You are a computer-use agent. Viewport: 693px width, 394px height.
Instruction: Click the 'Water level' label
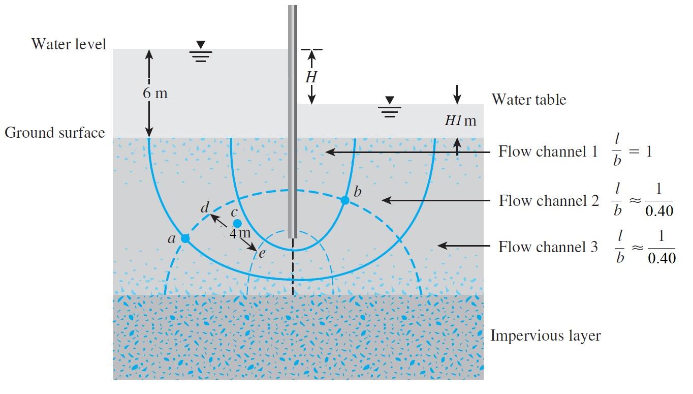[69, 44]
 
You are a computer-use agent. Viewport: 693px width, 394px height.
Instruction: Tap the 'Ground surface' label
[55, 133]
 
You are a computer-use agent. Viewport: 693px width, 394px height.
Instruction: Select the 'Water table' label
[528, 99]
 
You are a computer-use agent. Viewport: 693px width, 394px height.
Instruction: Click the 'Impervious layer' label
[545, 336]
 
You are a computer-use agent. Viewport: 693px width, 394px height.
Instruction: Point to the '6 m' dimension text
[155, 94]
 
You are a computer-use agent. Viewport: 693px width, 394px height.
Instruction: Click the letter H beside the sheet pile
[311, 77]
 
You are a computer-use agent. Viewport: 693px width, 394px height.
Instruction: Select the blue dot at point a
[185, 238]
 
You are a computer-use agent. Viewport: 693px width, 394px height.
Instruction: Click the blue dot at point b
[345, 200]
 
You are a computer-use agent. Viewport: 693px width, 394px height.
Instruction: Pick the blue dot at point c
[237, 224]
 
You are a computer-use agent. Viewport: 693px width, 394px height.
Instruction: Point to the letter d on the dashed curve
[205, 207]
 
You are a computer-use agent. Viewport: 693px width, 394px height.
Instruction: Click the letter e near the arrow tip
[262, 253]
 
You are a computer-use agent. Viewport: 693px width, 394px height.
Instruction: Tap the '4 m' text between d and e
[239, 233]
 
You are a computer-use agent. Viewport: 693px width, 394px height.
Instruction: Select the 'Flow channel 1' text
[548, 151]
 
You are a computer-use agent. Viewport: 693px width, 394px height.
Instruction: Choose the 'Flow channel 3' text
[548, 247]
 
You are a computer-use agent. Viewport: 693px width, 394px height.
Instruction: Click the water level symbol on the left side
[201, 52]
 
